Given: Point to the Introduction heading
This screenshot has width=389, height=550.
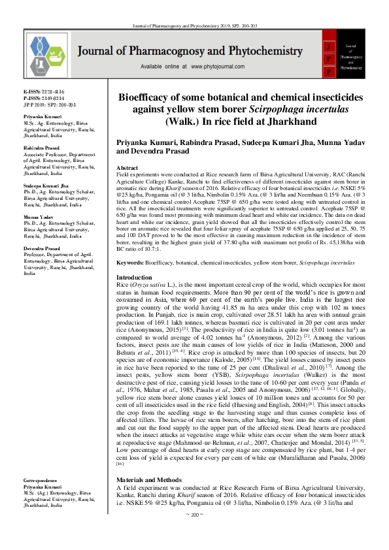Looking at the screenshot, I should coord(133,278).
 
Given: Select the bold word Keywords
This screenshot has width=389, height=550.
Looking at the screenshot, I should coord(129,262).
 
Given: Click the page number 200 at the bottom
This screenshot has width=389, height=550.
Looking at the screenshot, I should coord(195,534).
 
